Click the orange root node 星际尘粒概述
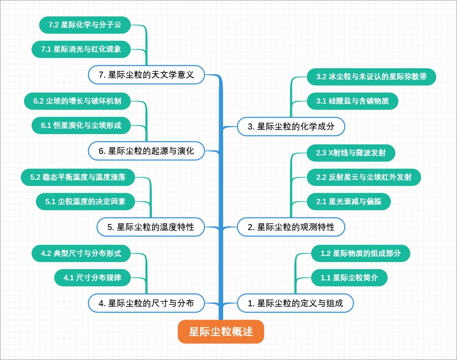tap(221, 331)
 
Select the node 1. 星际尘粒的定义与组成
tap(296, 303)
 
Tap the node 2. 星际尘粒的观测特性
tap(291, 227)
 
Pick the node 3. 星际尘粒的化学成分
tap(291, 126)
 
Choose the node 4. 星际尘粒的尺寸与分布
tap(147, 303)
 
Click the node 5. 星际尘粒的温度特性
tap(151, 227)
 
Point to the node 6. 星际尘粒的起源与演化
tap(147, 151)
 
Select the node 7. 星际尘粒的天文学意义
tap(147, 75)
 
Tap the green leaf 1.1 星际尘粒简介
tap(349, 278)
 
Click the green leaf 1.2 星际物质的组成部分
tap(361, 253)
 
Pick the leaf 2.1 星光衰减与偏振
tap(349, 202)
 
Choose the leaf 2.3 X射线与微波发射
tap(351, 153)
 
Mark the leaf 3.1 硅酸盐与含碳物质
tap(353, 101)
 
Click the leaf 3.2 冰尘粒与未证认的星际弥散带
tap(371, 77)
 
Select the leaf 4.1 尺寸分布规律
tap(93, 278)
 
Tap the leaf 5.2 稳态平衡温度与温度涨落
tap(78, 177)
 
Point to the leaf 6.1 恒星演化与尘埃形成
tap(81, 125)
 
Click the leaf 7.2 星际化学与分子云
tap(85, 25)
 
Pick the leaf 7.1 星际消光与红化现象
tap(81, 49)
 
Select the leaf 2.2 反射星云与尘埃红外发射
tap(364, 177)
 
